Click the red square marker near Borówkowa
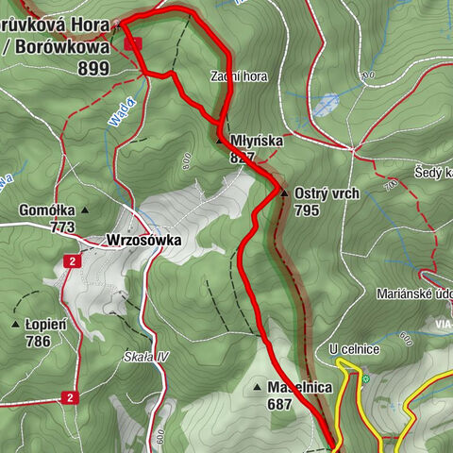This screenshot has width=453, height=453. [133, 43]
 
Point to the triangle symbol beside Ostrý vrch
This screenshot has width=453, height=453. [283, 193]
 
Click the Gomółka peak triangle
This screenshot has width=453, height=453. [84, 210]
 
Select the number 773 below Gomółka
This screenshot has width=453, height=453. [62, 227]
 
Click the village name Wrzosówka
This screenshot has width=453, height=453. [143, 241]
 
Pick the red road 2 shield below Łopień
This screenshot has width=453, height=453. [69, 398]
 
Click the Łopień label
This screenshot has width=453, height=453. [46, 325]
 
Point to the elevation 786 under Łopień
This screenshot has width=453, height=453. [38, 342]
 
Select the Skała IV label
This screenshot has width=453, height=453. [145, 356]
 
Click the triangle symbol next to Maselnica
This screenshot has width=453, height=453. [257, 387]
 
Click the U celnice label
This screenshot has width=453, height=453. [354, 350]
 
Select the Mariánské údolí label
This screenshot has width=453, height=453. [414, 293]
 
